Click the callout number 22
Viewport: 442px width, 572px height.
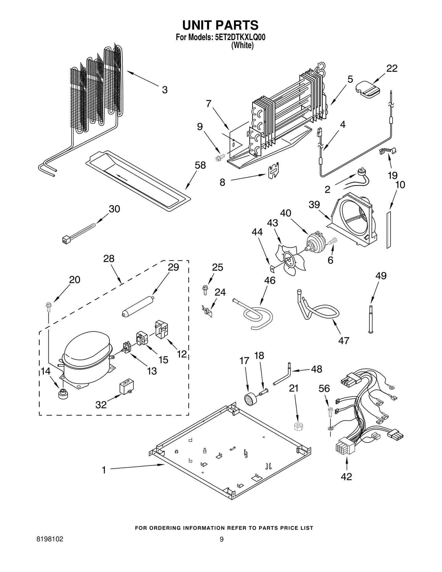tap(392, 68)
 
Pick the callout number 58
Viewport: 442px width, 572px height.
tap(200, 165)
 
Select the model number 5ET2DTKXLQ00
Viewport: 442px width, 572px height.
tap(240, 38)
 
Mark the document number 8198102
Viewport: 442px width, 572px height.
tap(50, 547)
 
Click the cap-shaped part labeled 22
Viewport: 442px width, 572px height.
tap(367, 89)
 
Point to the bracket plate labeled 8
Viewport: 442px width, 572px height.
tap(274, 170)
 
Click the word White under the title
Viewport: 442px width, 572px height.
tap(242, 45)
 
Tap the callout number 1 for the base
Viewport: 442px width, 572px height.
tap(104, 470)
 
